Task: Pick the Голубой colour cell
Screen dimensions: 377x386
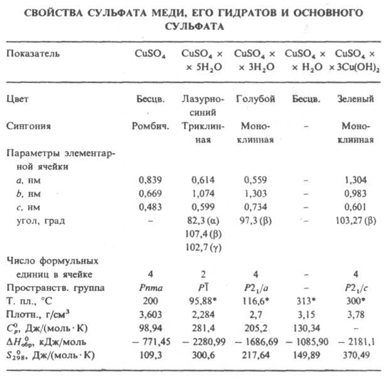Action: coord(254,99)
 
